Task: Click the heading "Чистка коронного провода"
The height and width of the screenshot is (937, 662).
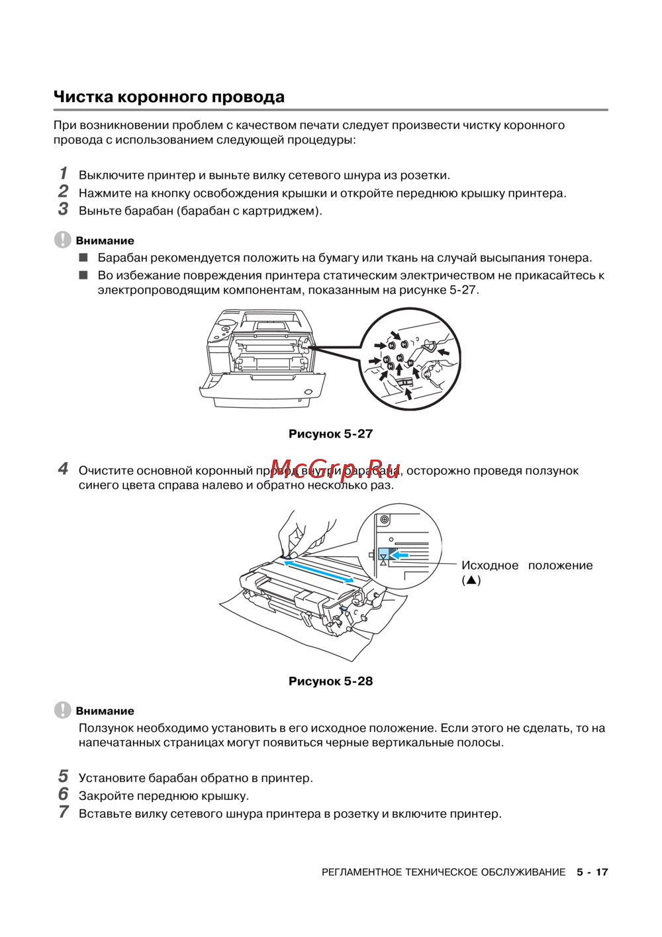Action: [x=169, y=97]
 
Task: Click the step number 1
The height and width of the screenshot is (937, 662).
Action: [x=64, y=173]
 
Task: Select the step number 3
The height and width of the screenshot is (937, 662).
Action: [x=63, y=209]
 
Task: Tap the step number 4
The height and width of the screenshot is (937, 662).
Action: [x=63, y=469]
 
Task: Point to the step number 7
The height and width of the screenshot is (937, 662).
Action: [x=64, y=812]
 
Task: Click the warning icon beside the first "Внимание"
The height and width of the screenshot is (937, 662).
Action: [x=62, y=240]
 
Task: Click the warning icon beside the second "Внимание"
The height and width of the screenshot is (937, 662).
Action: [x=62, y=710]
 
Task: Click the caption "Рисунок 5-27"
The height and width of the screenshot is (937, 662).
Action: [x=330, y=434]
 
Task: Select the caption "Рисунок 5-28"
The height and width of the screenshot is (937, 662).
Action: [x=330, y=681]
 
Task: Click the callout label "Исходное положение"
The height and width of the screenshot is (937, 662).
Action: [x=526, y=566]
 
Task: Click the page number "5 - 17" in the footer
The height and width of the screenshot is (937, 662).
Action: [x=592, y=872]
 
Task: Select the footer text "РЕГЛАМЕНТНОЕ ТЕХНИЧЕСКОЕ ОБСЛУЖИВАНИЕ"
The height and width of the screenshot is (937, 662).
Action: [x=444, y=872]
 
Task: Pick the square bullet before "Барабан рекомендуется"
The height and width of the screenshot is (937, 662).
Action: [x=83, y=257]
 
